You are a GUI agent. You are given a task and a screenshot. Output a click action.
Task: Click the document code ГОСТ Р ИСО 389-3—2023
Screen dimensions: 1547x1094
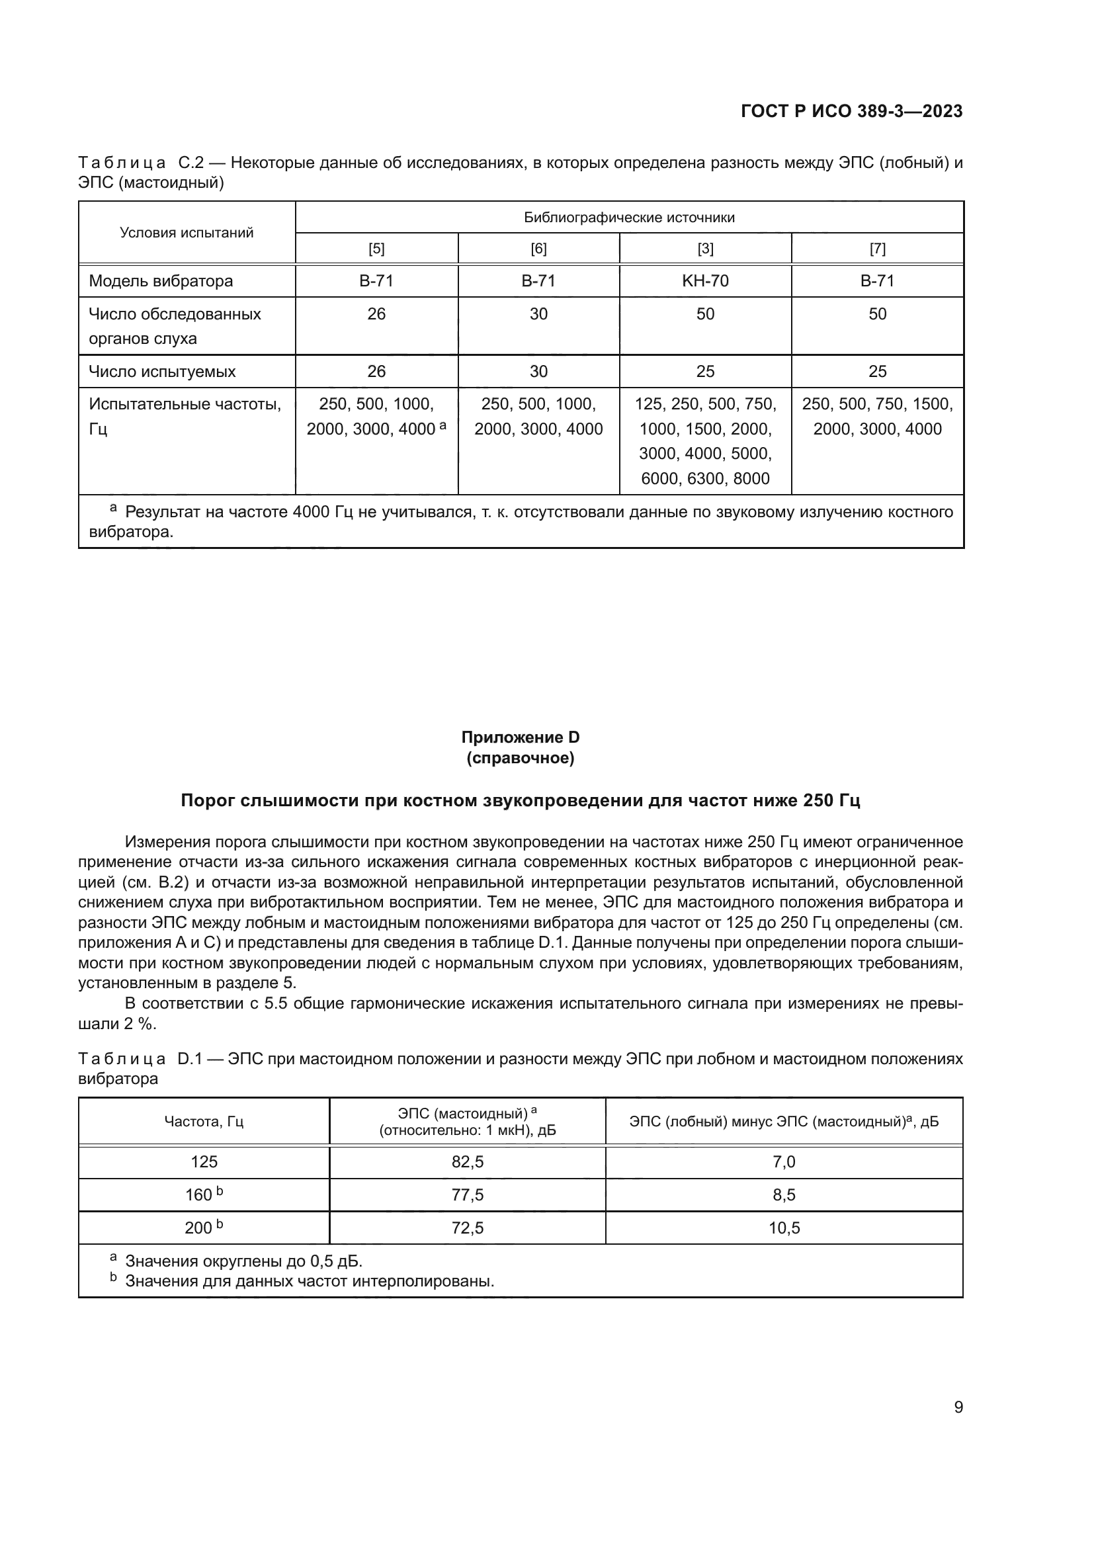851,111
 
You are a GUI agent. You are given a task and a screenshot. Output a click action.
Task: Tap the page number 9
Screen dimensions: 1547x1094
958,1407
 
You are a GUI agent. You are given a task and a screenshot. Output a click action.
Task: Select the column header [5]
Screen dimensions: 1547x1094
376,249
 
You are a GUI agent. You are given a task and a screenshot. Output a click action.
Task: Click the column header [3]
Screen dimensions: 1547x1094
704,249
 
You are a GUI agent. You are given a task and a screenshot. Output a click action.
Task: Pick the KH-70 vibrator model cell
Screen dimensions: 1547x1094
704,281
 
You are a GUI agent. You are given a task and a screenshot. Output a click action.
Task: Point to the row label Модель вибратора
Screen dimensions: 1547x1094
160,281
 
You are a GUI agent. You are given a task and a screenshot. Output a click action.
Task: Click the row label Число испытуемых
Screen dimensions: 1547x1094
161,371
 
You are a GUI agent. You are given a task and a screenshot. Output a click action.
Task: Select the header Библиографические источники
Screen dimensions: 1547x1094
628,218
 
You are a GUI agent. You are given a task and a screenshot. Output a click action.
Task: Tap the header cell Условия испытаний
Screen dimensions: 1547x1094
187,232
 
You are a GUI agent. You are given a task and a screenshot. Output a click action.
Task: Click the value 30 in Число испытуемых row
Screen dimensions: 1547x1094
538,371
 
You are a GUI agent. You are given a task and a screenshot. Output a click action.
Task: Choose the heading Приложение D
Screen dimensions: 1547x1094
520,737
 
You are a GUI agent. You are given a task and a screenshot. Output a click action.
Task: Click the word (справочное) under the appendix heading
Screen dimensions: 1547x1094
520,758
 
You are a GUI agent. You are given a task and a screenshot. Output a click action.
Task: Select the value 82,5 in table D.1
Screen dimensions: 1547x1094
467,1161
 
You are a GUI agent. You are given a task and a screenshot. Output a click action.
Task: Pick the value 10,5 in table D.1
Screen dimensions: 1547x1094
784,1228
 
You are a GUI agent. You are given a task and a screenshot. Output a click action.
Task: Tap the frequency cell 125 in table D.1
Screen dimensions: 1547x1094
204,1161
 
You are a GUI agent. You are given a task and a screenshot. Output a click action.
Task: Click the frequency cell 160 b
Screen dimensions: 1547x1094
204,1194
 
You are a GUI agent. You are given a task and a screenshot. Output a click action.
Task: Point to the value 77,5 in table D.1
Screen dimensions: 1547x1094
467,1194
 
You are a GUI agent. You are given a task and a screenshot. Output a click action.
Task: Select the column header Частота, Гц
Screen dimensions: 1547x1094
204,1121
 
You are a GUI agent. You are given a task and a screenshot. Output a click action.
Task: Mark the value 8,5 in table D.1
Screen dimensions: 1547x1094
784,1194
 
